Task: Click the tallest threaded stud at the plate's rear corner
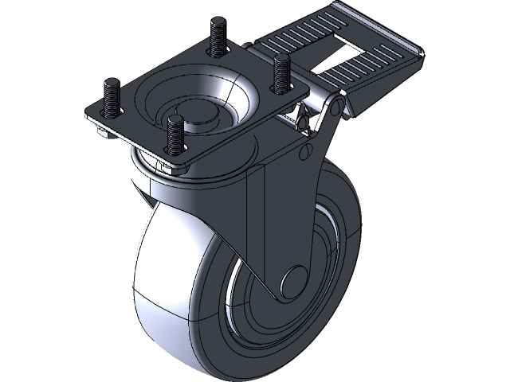pos(216,36)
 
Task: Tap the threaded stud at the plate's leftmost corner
pos(110,94)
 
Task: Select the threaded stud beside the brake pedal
pos(280,72)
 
